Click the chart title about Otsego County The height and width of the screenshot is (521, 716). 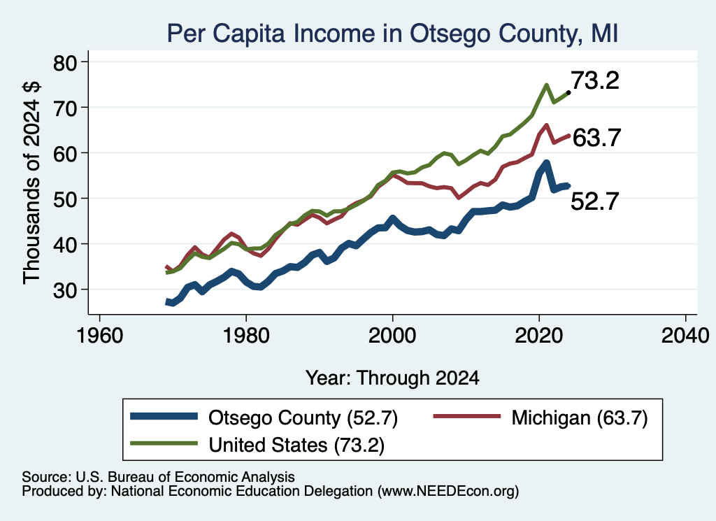pyautogui.click(x=392, y=34)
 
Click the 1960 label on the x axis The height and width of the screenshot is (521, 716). pyautogui.click(x=100, y=336)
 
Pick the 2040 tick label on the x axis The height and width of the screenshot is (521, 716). pyautogui.click(x=685, y=336)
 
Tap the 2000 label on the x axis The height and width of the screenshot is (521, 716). pyautogui.click(x=392, y=336)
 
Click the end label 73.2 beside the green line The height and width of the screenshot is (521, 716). pyautogui.click(x=595, y=80)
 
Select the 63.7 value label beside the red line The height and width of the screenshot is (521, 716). pyautogui.click(x=596, y=138)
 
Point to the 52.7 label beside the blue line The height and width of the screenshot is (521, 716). pyautogui.click(x=595, y=201)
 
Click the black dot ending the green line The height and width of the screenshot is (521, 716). pyautogui.click(x=568, y=93)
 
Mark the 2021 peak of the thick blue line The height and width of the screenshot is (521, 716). pyautogui.click(x=546, y=163)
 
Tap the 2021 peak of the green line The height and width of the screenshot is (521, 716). pyautogui.click(x=546, y=85)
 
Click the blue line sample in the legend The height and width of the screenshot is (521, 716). pyautogui.click(x=164, y=416)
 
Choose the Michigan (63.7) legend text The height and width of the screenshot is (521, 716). pyautogui.click(x=580, y=417)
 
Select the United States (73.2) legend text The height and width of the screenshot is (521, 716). pyautogui.click(x=296, y=445)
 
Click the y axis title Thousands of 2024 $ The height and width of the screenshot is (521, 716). pyautogui.click(x=31, y=183)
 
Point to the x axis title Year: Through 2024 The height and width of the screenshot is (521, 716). pyautogui.click(x=392, y=378)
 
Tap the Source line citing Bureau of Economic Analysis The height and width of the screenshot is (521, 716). pyautogui.click(x=158, y=477)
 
